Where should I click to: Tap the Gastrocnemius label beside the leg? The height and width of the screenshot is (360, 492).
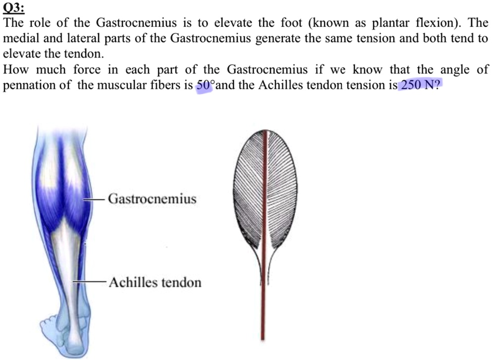152,199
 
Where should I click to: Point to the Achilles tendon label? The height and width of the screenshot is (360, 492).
155,283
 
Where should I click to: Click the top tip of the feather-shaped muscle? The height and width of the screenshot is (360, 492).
266,131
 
